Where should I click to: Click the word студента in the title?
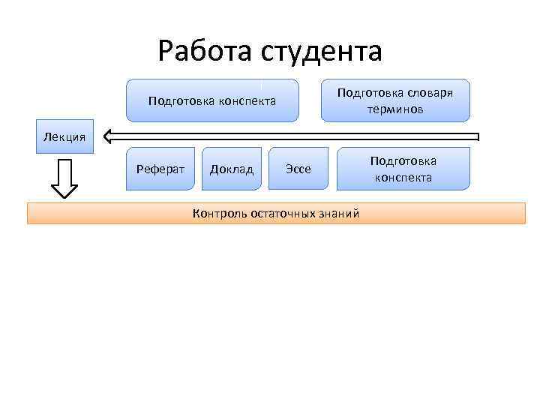pyautogui.click(x=322, y=51)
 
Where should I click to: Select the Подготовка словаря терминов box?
pyautogui.click(x=395, y=100)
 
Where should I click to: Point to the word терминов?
pyautogui.click(x=395, y=109)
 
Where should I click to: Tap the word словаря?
pyautogui.click(x=426, y=93)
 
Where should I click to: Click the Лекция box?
pyautogui.click(x=65, y=136)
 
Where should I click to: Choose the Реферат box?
pyautogui.click(x=160, y=169)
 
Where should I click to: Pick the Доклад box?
pyautogui.click(x=232, y=169)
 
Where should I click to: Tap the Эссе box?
pyautogui.click(x=298, y=169)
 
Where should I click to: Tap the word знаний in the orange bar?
pyautogui.click(x=339, y=214)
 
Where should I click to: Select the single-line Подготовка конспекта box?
pyautogui.click(x=212, y=100)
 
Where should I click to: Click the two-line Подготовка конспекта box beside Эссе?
pyautogui.click(x=403, y=169)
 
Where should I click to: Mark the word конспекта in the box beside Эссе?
pyautogui.click(x=403, y=178)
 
